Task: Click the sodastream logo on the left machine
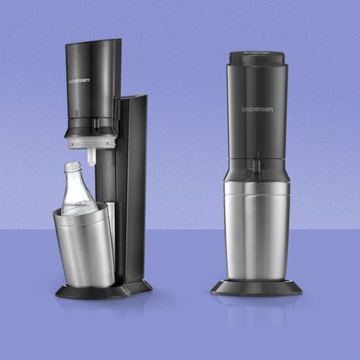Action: click(79, 80)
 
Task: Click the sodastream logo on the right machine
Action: click(257, 109)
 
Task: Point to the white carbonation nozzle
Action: click(91, 157)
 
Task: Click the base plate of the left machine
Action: click(104, 290)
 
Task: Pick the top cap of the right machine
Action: click(257, 58)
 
